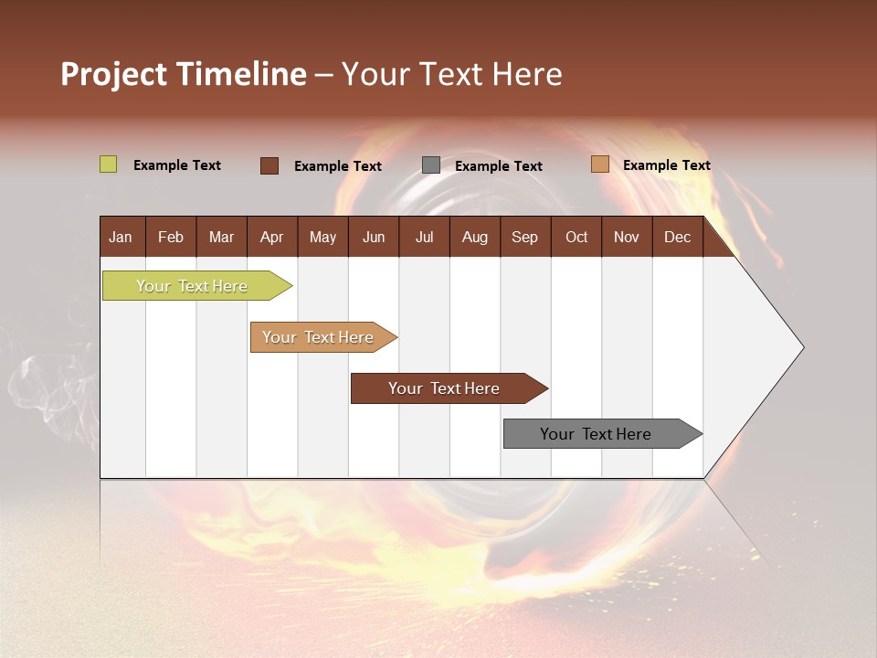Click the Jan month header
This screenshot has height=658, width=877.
point(121,238)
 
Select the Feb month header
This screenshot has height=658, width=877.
point(171,238)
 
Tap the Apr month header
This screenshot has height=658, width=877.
point(271,238)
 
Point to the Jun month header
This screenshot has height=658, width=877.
point(374,238)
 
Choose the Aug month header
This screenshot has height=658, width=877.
point(474,238)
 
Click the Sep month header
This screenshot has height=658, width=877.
point(524,238)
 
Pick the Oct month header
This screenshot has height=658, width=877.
point(576,238)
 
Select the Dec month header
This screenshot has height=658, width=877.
point(677,238)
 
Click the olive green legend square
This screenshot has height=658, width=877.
point(109,164)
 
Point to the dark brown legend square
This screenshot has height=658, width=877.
point(269,165)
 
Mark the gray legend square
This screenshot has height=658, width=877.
point(431,165)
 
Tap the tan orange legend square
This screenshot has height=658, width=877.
point(599,164)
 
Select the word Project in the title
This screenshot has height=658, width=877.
point(113,74)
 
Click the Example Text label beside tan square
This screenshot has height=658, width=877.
point(666,165)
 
